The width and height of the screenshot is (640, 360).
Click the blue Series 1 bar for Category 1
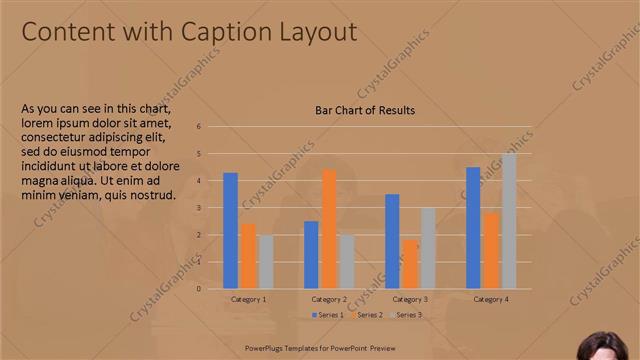click(x=230, y=231)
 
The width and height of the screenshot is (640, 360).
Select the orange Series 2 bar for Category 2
click(x=329, y=229)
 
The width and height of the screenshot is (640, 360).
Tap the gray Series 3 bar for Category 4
click(x=509, y=221)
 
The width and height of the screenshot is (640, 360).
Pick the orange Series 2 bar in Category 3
click(x=410, y=264)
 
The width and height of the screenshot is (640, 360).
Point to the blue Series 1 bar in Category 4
click(x=473, y=228)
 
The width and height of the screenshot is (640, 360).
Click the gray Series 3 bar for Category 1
click(x=266, y=262)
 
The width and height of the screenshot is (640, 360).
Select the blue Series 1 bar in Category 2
click(x=311, y=255)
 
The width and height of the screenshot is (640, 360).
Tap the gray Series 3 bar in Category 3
click(x=428, y=248)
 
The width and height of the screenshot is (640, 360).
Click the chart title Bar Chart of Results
click(x=365, y=110)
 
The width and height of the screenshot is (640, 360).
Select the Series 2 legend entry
click(x=366, y=315)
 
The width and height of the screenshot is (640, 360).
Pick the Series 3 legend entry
click(x=405, y=315)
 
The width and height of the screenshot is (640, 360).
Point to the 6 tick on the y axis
click(x=199, y=127)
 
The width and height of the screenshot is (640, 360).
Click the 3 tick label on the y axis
click(x=199, y=208)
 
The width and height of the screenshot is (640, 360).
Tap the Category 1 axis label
click(x=248, y=299)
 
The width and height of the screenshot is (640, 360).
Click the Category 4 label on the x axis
click(x=491, y=299)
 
